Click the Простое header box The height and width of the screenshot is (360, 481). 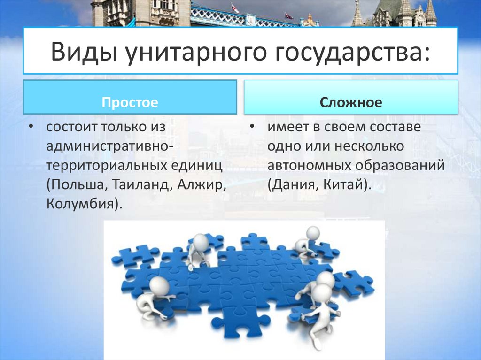click(130, 97)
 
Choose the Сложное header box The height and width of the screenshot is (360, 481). click(351, 97)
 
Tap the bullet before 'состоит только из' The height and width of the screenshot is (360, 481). click(31, 128)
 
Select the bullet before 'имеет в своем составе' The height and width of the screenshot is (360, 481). click(252, 128)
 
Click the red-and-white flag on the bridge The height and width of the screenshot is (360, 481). click(235, 8)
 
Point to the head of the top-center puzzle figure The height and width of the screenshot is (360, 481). click(201, 241)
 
